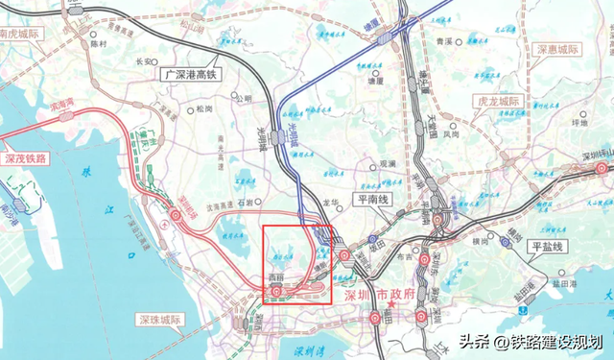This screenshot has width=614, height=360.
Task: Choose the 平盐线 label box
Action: [550, 247]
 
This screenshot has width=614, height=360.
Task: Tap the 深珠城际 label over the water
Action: [162, 318]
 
